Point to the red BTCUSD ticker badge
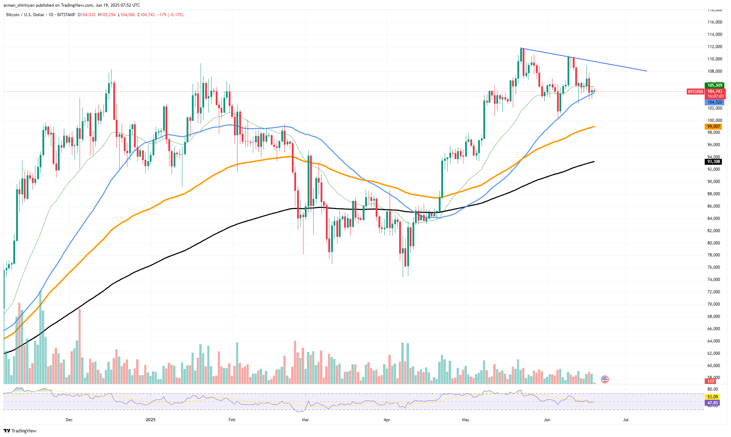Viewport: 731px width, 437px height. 695,92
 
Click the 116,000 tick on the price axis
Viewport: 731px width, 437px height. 715,22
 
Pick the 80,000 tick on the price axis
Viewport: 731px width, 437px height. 715,243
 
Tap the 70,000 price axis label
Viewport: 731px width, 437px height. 715,304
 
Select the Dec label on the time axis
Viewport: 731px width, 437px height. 69,420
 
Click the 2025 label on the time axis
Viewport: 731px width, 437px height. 150,420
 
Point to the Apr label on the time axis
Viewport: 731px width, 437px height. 387,420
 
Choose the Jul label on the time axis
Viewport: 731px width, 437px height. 625,420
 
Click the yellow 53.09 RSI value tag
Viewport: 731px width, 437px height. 712,397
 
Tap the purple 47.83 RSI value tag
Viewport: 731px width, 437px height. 712,403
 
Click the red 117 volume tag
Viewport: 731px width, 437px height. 711,381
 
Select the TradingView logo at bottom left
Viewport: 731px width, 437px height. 20,431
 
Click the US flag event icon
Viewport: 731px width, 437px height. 604,379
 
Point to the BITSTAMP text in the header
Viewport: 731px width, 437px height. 66,15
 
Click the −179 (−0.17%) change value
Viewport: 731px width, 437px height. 170,15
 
